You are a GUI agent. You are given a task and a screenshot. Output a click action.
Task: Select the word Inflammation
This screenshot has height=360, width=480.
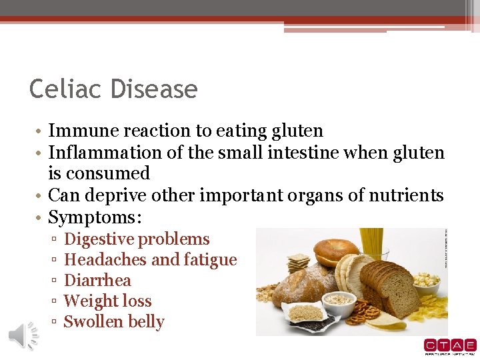105,153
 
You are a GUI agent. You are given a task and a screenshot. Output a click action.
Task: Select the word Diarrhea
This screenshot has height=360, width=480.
97,281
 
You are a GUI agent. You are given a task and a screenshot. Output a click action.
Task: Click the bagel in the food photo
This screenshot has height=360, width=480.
337,251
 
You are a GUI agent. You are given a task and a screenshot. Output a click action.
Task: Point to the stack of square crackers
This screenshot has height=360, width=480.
298,261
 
